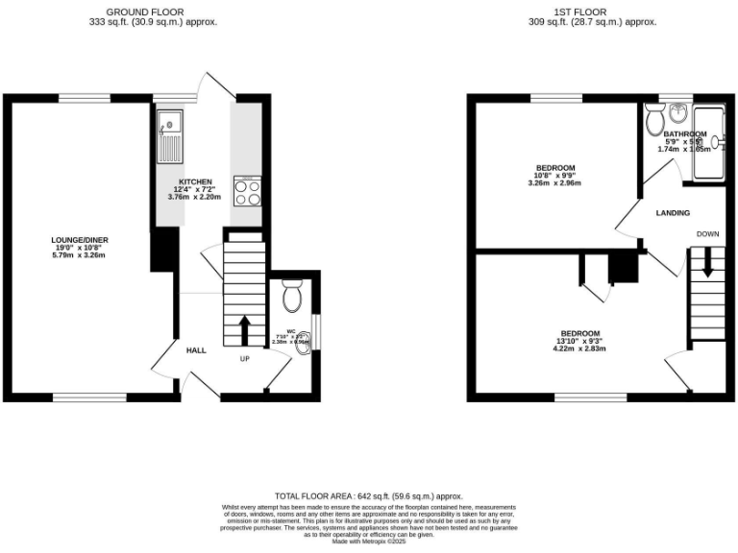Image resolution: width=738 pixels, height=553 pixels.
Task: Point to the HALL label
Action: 196,351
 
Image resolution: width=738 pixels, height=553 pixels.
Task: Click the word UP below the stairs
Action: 244,358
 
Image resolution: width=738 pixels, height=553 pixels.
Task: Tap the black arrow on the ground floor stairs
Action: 244,328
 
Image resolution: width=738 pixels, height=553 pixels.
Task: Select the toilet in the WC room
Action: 292,297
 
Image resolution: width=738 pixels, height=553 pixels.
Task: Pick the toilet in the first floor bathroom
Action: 655,121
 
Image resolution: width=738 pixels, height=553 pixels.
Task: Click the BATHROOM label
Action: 684,134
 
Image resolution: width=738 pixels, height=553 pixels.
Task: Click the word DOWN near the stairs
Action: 707,233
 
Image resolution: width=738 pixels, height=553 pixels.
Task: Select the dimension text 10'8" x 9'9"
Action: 555,176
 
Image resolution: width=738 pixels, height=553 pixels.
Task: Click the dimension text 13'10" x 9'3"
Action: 580,341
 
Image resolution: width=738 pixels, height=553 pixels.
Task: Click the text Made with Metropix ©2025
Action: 369,542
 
